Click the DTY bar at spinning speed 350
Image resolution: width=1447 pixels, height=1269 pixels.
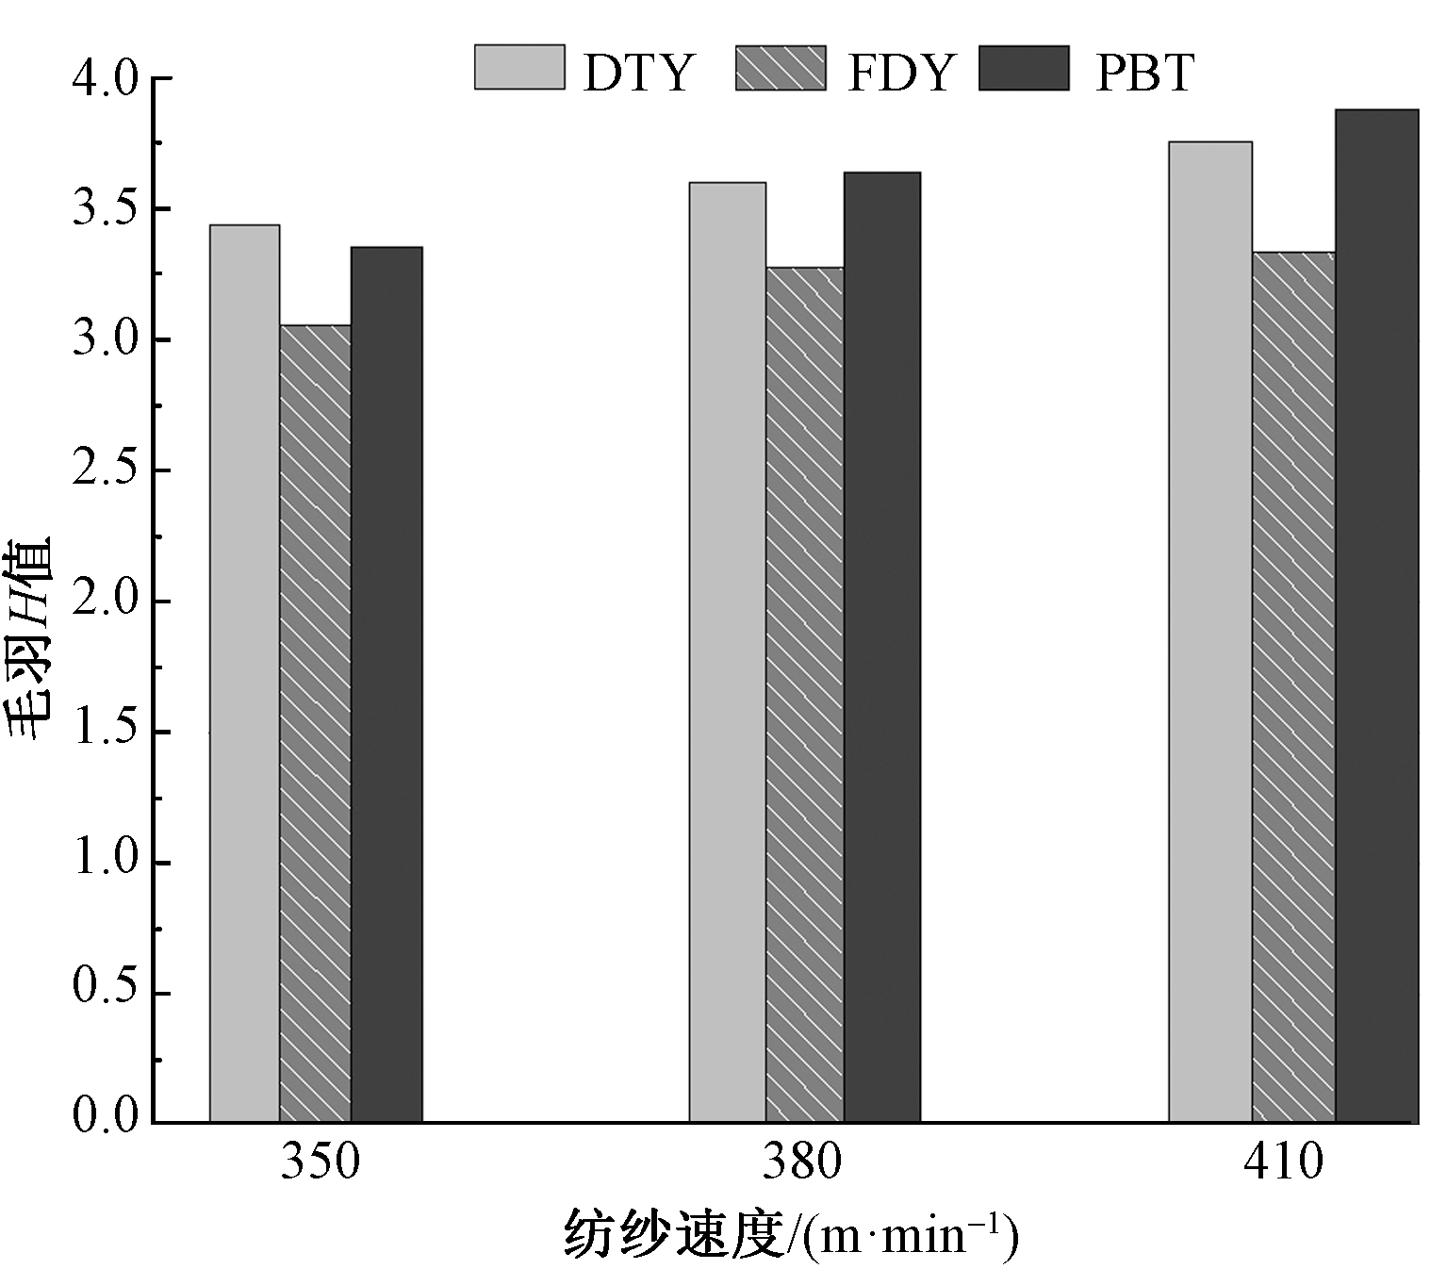click(244, 673)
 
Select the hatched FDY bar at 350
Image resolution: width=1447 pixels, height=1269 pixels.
click(315, 723)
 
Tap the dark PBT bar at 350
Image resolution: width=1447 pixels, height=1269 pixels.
click(386, 684)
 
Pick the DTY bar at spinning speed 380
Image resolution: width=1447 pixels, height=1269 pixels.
click(727, 652)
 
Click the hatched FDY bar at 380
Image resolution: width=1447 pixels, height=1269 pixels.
click(804, 695)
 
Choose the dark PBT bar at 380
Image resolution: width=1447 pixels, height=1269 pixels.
click(881, 647)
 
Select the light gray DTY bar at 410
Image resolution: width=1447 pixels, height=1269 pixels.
click(1210, 632)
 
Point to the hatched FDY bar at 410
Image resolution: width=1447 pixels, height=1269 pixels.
click(1293, 687)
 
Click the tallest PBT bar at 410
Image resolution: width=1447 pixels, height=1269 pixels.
click(1376, 616)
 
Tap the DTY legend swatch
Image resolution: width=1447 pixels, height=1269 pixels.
click(519, 67)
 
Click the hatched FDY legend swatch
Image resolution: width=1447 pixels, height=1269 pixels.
click(781, 68)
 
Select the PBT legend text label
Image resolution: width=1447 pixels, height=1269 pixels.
click(1144, 72)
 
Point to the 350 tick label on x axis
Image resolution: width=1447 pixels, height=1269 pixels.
click(321, 1162)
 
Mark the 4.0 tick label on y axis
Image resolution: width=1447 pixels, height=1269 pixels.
click(105, 79)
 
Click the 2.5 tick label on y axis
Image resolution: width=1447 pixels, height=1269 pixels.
click(105, 471)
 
